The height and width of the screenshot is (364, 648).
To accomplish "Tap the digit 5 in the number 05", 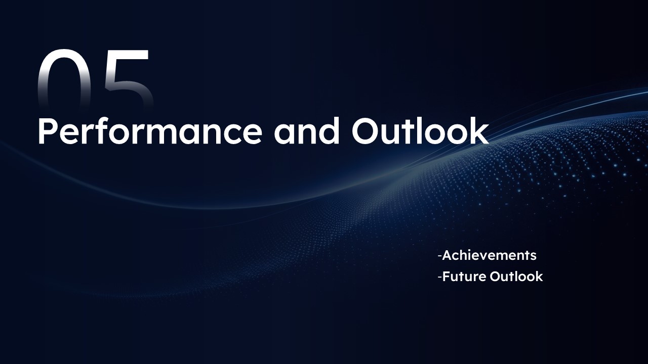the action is coord(129,79).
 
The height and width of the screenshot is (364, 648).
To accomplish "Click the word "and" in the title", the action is coord(307,131).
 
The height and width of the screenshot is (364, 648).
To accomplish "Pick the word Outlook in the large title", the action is coord(420,131).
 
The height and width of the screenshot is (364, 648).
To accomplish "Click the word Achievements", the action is coord(489,255).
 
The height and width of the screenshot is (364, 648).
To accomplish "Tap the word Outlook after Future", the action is coord(516,277).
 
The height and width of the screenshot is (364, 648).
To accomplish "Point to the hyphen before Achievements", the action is coord(440,256).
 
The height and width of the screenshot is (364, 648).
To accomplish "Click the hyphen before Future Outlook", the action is coord(440,278).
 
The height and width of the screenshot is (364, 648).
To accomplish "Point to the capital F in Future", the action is coord(446,277).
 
